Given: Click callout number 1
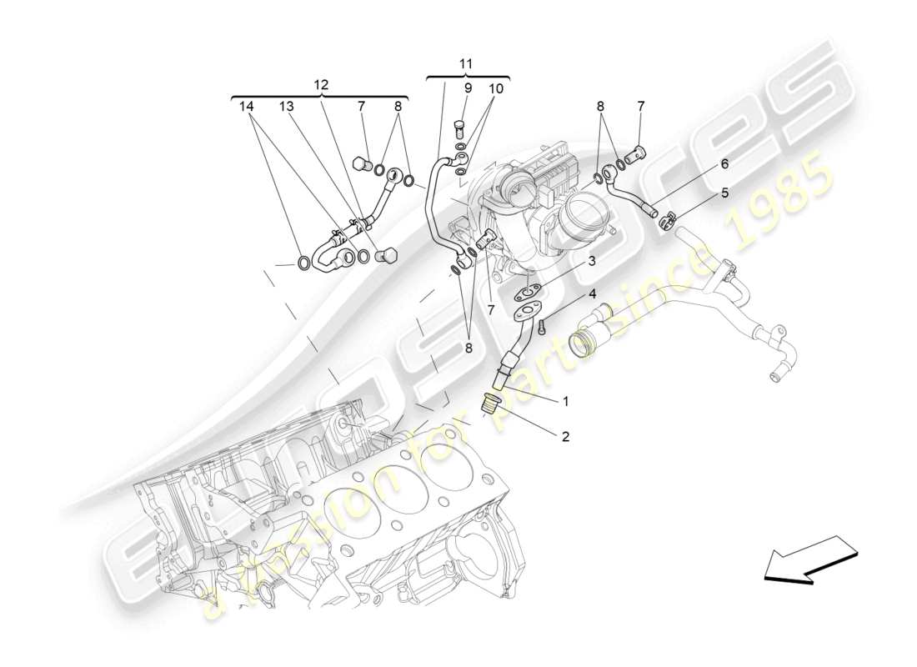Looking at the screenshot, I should pyautogui.click(x=565, y=402).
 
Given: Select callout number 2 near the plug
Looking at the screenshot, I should pyautogui.click(x=565, y=435).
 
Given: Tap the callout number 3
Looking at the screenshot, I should pyautogui.click(x=591, y=261).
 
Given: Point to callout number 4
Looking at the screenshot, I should pyautogui.click(x=592, y=293).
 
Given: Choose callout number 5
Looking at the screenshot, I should pyautogui.click(x=724, y=193).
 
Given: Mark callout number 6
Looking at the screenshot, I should pyautogui.click(x=724, y=163).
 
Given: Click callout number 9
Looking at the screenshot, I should pyautogui.click(x=468, y=88).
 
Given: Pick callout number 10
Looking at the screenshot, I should pyautogui.click(x=496, y=88).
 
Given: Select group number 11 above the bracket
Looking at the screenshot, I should pyautogui.click(x=466, y=63).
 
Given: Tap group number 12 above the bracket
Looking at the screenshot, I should pyautogui.click(x=321, y=84).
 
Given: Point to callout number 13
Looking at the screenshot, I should pyautogui.click(x=287, y=106).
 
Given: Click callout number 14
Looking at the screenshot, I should pyautogui.click(x=245, y=106).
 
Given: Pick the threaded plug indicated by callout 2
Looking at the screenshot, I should pyautogui.click(x=491, y=405).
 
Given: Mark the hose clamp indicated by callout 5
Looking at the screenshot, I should pyautogui.click(x=666, y=221).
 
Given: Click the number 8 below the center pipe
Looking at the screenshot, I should pyautogui.click(x=468, y=349).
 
